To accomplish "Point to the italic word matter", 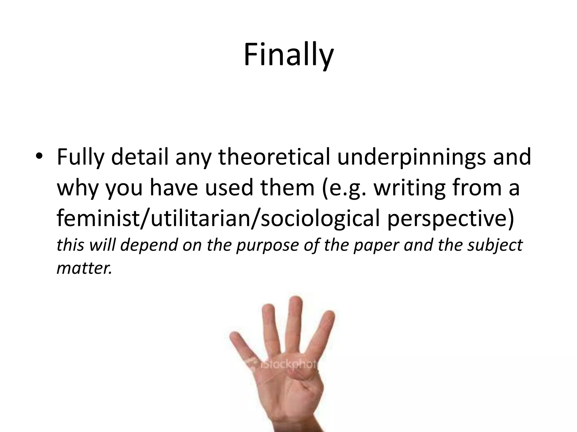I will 84,268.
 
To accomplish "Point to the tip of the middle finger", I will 295,302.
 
